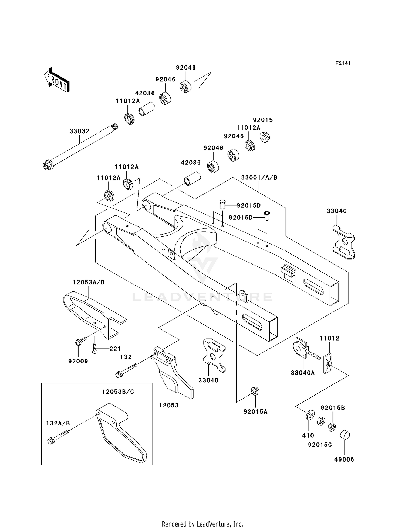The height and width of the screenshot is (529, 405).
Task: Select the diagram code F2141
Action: click(x=343, y=63)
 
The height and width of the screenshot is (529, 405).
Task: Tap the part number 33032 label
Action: click(x=79, y=131)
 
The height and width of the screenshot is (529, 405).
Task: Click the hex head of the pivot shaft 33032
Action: click(x=47, y=166)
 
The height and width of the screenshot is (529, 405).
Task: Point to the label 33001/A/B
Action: click(x=259, y=178)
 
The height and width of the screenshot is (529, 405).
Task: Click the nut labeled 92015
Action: click(x=265, y=137)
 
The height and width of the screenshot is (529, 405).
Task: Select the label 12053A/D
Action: click(x=89, y=282)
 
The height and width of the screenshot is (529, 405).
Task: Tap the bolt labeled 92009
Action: click(x=80, y=341)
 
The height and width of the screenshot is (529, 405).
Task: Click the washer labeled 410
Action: click(x=310, y=414)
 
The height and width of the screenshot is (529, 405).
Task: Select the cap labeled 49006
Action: click(x=345, y=435)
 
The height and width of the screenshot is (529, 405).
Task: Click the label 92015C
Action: click(x=320, y=445)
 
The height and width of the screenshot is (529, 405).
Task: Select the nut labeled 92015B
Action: click(x=332, y=427)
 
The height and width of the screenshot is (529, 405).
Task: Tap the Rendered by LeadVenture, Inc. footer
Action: click(x=202, y=524)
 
